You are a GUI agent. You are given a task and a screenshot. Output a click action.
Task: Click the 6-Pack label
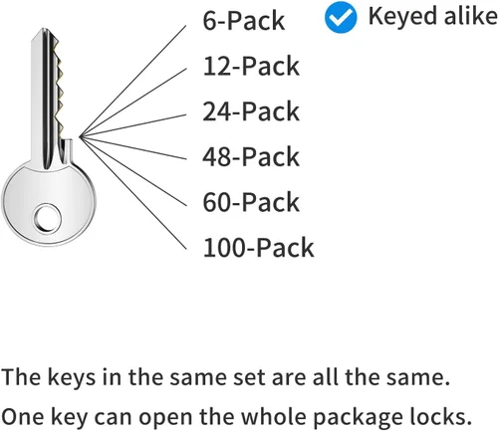244,21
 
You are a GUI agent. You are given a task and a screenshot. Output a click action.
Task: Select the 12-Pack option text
251,66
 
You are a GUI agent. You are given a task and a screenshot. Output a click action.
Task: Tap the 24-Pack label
251,110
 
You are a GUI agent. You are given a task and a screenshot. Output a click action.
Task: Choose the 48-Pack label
251,156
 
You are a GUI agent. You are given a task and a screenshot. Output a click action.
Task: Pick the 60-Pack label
251,202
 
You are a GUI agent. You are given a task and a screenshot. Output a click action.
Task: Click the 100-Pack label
258,247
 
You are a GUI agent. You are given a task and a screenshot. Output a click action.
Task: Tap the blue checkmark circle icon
341,17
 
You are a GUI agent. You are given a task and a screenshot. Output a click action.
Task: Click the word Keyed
403,17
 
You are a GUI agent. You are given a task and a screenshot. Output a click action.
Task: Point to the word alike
471,16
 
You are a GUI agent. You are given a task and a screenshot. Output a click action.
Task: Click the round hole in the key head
47,218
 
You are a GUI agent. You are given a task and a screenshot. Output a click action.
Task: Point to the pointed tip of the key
44,29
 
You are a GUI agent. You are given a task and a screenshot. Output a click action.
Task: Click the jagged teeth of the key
59,90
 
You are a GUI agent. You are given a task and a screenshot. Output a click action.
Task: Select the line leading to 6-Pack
132,81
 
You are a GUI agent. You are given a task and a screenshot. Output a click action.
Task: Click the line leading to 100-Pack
133,192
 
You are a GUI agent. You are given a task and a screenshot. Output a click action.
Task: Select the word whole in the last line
273,416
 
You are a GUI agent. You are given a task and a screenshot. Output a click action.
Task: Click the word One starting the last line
22,417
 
